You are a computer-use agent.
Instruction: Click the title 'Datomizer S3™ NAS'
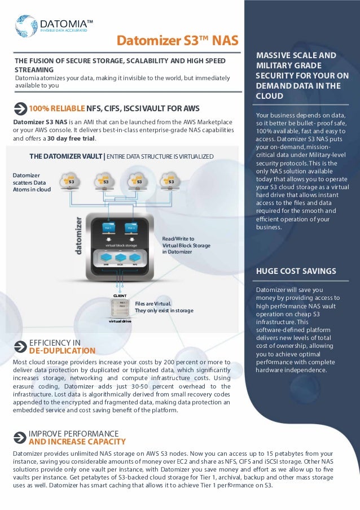(177, 41)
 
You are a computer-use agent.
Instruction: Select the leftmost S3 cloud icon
(72, 181)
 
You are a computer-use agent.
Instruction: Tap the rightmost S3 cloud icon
(170, 181)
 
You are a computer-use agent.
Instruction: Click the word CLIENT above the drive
(120, 295)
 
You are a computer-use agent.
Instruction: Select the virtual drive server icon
(120, 308)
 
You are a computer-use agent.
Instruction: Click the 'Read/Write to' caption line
(178, 239)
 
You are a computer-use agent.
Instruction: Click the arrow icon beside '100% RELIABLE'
(20, 108)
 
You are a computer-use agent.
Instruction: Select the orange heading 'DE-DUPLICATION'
(62, 351)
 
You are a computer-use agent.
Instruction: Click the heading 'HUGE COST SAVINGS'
(296, 271)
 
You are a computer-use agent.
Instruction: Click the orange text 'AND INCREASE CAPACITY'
(77, 442)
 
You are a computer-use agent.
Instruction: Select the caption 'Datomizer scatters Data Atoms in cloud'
(32, 182)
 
